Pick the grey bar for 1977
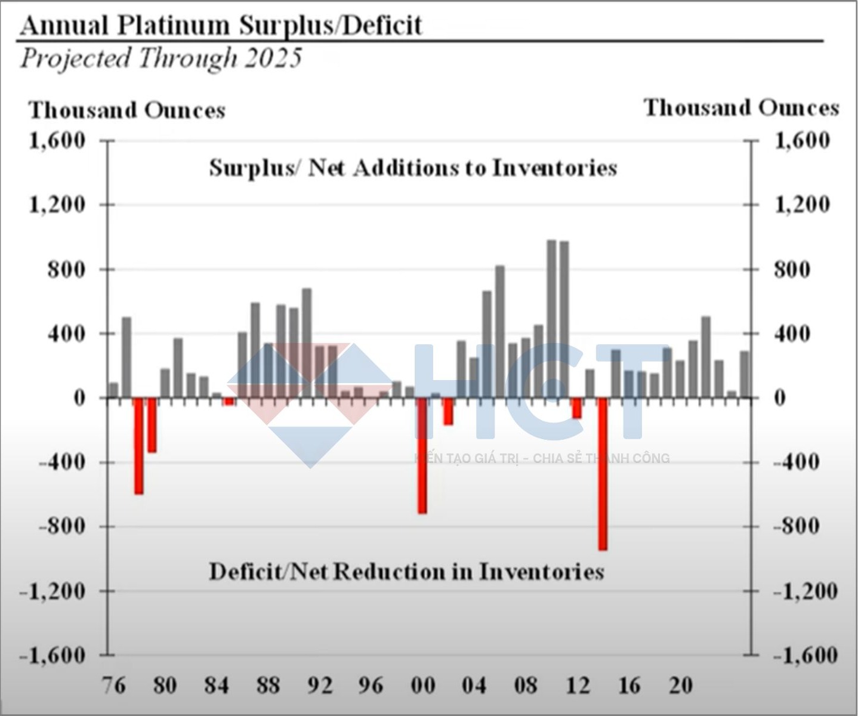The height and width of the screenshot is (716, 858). [126, 357]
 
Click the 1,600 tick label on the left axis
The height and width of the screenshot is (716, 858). [57, 141]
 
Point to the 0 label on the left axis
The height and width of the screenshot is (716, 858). [79, 398]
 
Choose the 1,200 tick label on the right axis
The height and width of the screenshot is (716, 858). [802, 205]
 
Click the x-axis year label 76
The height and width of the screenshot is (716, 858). [113, 685]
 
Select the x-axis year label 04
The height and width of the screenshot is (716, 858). [474, 685]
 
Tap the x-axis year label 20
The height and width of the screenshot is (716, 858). [680, 685]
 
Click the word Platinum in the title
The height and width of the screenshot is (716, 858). [173, 26]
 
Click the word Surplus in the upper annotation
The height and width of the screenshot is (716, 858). [251, 168]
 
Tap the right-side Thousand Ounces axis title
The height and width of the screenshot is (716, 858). [741, 109]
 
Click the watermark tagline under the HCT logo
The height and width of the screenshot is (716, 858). [542, 458]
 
